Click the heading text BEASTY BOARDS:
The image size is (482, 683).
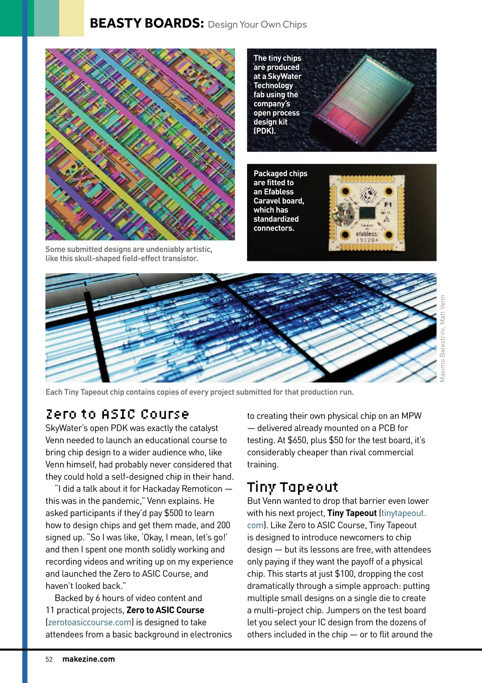point(147,23)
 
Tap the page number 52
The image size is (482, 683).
point(49,659)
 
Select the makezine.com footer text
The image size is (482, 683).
point(88,659)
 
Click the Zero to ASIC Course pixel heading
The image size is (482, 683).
point(117,414)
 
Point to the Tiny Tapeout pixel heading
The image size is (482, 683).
point(292,487)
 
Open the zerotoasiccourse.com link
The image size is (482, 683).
point(90,622)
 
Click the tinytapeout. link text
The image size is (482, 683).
point(403,513)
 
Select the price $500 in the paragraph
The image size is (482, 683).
point(174,513)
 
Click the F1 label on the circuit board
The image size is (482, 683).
point(388,205)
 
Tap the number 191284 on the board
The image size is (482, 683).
point(367,240)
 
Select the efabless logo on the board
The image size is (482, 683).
point(367,234)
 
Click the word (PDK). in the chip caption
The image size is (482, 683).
point(265,131)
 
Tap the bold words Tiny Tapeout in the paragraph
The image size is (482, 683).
point(352,513)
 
